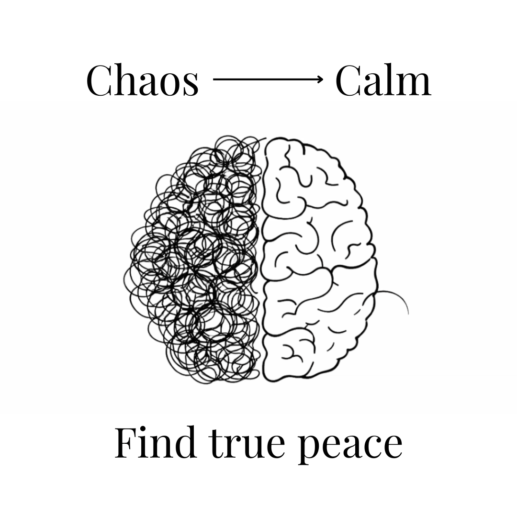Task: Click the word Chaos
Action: (x=142, y=80)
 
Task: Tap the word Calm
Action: (x=383, y=80)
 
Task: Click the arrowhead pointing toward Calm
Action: (x=320, y=79)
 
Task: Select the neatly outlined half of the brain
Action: (x=316, y=258)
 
